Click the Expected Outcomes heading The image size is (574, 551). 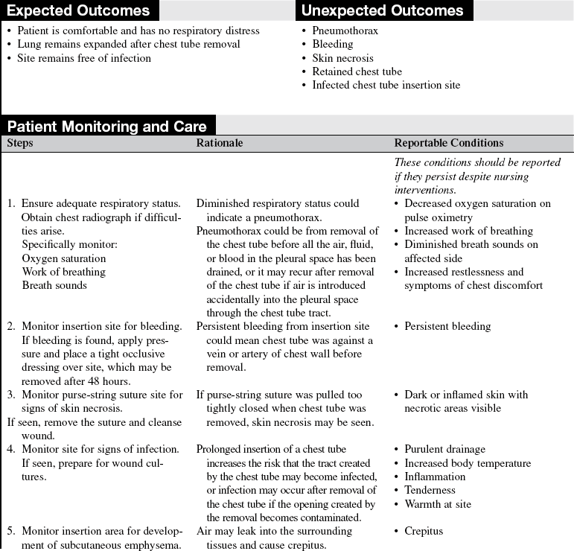[78, 10]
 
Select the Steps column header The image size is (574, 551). [20, 143]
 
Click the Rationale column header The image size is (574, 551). [220, 143]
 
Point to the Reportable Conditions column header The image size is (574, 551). [448, 143]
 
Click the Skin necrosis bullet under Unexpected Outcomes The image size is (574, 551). [342, 58]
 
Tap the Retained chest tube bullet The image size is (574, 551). [357, 71]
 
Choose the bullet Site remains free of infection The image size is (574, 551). [83, 58]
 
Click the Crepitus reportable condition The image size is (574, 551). [424, 531]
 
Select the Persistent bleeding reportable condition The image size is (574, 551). [447, 326]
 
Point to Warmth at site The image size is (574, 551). [438, 504]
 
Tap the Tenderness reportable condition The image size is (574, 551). [430, 490]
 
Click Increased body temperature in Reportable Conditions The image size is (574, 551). [468, 463]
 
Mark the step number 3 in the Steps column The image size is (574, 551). [11, 395]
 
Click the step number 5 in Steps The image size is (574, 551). [11, 531]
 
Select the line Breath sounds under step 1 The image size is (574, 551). [54, 285]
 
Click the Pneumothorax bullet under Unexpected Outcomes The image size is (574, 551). [345, 31]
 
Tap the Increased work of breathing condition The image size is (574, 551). [468, 231]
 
